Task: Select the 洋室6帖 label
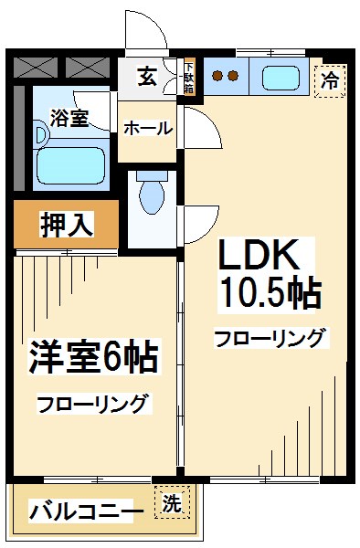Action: coord(94,357)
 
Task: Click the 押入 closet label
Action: coord(67,224)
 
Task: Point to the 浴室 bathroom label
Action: coord(69,117)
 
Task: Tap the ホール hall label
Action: coord(147,129)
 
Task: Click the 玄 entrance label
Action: coord(147,77)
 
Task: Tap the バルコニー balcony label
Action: coord(86,510)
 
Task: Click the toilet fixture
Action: coord(149,194)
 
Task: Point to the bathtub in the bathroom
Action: coord(71,165)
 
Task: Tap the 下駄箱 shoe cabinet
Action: coord(188,77)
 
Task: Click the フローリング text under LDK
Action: coord(270,339)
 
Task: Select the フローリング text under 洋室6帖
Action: coord(93,403)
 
